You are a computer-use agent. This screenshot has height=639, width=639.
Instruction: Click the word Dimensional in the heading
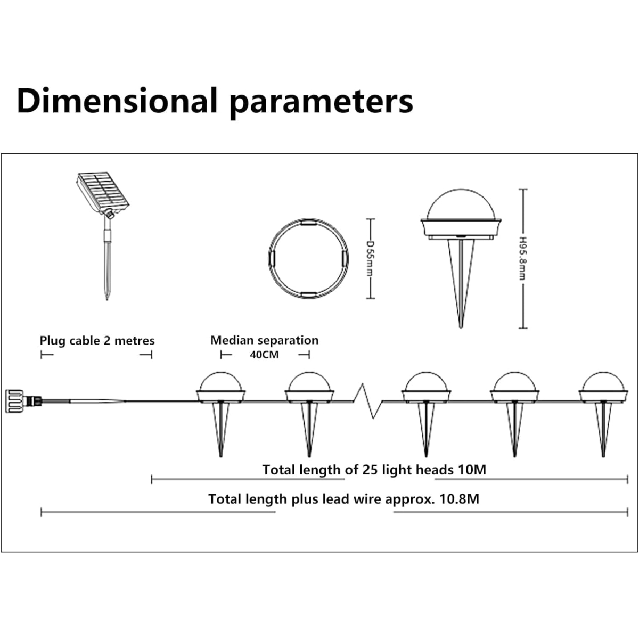pyautogui.click(x=117, y=101)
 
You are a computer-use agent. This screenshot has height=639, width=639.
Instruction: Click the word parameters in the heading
pyautogui.click(x=322, y=103)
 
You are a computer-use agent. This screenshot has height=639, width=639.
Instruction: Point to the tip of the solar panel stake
pyautogui.click(x=107, y=300)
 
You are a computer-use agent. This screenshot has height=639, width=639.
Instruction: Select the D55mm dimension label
pyautogui.click(x=370, y=258)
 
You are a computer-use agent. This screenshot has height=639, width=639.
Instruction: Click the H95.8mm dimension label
pyautogui.click(x=522, y=258)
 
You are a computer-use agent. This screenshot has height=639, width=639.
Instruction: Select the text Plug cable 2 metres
pyautogui.click(x=97, y=341)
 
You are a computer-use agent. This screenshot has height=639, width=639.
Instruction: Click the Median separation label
pyautogui.click(x=264, y=340)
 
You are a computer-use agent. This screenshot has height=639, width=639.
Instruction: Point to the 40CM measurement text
pyautogui.click(x=264, y=355)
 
